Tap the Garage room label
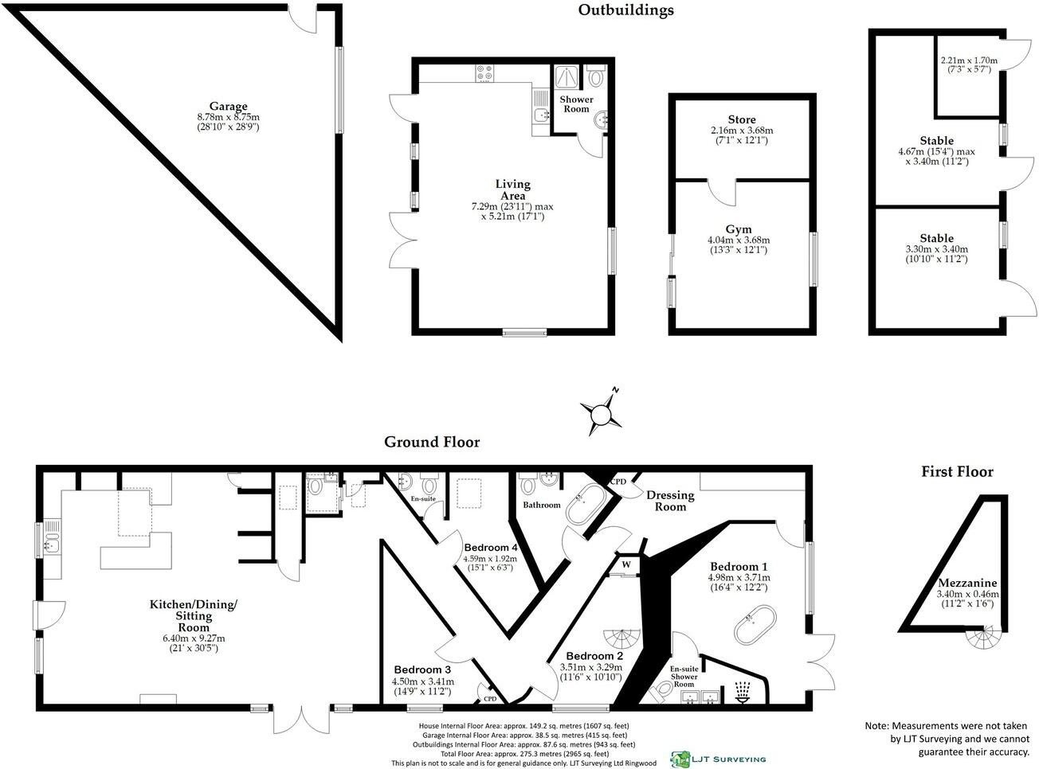(x=228, y=107)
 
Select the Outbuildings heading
(x=625, y=10)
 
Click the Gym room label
(x=739, y=229)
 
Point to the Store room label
(x=741, y=119)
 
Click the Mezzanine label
(x=967, y=583)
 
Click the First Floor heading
(x=957, y=472)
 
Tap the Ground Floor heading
(x=432, y=442)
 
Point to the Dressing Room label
(x=670, y=501)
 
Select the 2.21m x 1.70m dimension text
(x=968, y=60)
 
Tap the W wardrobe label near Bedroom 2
(x=625, y=565)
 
